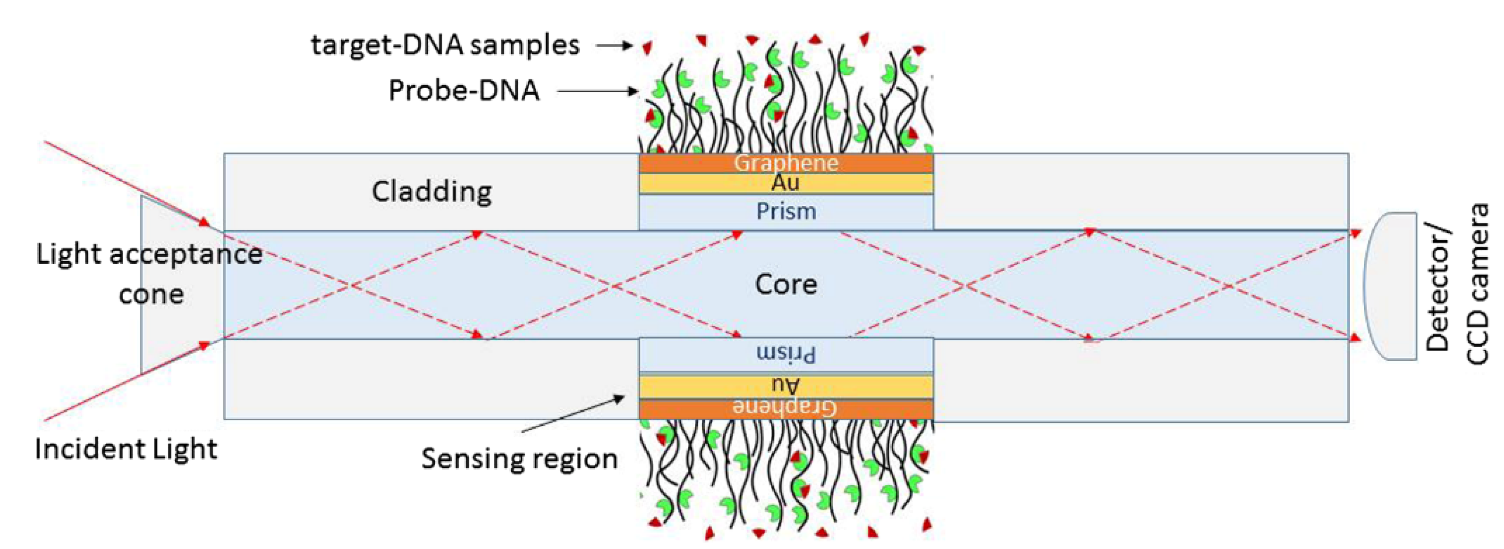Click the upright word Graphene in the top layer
click(x=786, y=163)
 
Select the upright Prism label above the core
click(x=786, y=211)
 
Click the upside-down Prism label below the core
click(x=786, y=354)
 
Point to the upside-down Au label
click(x=786, y=385)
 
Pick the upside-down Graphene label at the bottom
click(x=786, y=407)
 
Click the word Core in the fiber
click(x=786, y=285)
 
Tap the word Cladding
click(x=432, y=192)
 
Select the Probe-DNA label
click(x=464, y=91)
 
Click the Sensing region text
click(x=520, y=459)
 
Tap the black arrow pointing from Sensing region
click(x=572, y=414)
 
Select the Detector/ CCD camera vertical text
click(x=1456, y=285)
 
